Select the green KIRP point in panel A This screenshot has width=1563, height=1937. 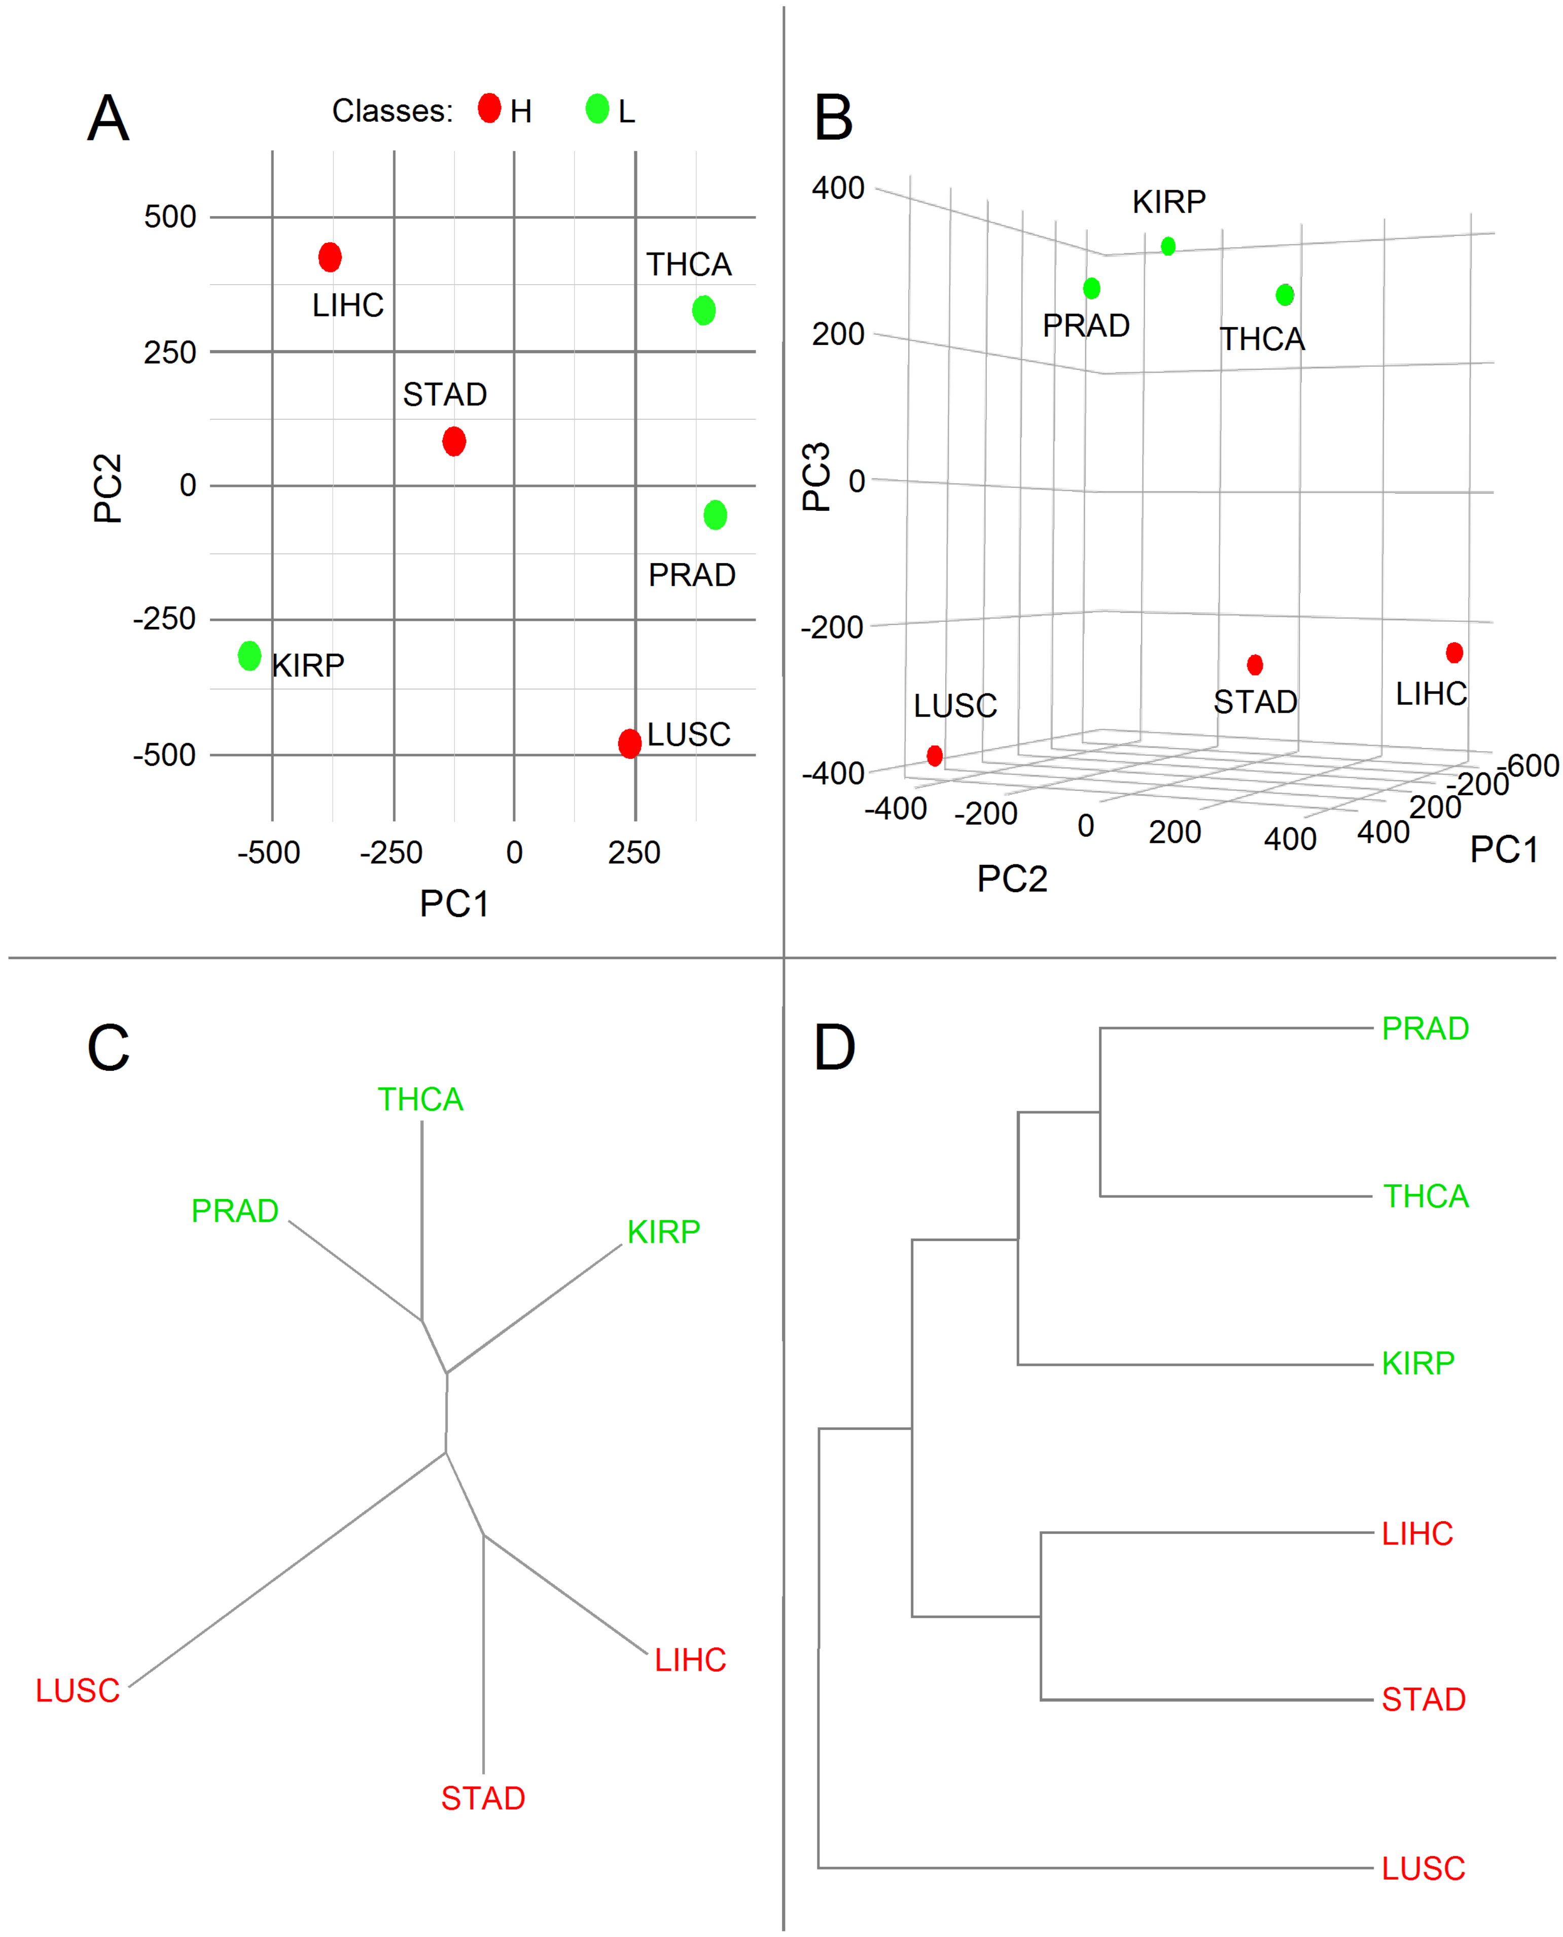[x=250, y=656]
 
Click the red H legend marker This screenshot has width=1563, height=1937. [x=489, y=108]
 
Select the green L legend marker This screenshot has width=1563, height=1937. [x=597, y=108]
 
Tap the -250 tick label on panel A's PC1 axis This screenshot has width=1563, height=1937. [x=390, y=852]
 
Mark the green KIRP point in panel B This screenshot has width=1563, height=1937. [x=1168, y=246]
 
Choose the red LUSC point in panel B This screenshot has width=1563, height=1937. [x=935, y=756]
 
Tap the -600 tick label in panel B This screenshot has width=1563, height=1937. [x=1533, y=765]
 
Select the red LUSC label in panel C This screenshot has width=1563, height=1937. [x=78, y=1691]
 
